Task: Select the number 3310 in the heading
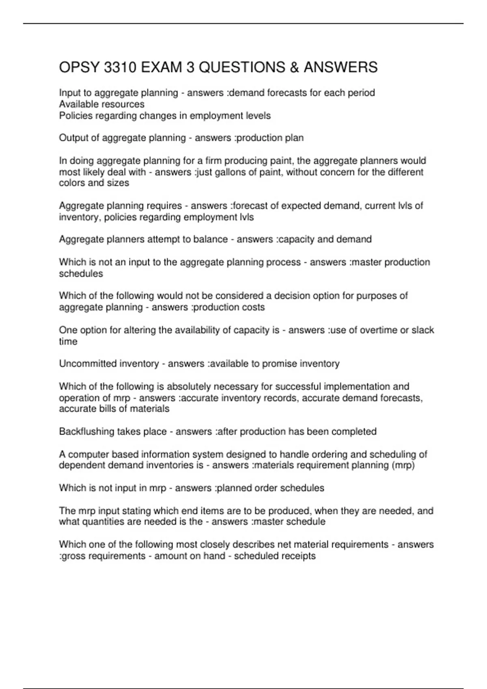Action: pyautogui.click(x=120, y=67)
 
